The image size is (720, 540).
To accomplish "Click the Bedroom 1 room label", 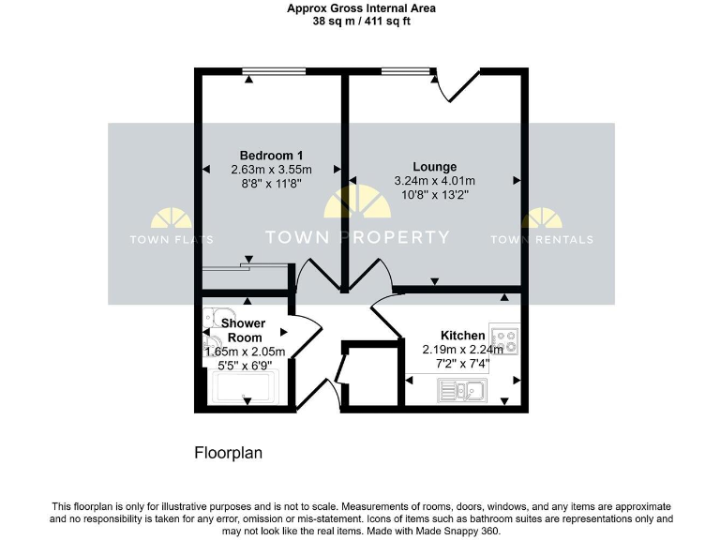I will [271, 155].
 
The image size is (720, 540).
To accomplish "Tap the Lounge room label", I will [434, 167].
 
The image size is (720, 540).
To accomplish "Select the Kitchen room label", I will [463, 336].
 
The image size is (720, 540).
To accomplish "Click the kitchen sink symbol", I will [462, 391].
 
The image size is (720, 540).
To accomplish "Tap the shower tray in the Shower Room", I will [245, 386].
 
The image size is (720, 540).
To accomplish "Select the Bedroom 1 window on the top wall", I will [271, 70].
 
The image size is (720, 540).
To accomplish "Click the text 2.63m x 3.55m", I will [271, 170].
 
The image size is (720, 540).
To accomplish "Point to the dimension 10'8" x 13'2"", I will [434, 195].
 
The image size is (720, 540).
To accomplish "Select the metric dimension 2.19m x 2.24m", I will [463, 351].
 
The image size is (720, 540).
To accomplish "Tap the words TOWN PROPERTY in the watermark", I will [357, 238].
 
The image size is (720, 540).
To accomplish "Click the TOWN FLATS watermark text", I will [172, 240].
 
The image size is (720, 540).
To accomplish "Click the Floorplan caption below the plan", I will [228, 453].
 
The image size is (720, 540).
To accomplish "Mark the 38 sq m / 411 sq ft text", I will [361, 21].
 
